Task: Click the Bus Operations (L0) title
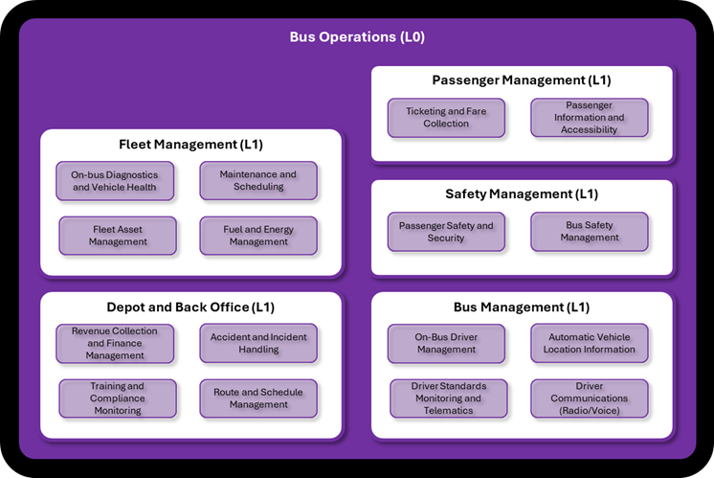tap(357, 37)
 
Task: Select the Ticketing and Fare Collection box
tap(446, 118)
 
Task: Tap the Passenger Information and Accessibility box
tap(591, 118)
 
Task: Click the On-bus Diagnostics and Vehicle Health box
tap(115, 181)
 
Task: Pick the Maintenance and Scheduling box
tap(258, 181)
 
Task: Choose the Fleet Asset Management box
tap(118, 236)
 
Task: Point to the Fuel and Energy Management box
tap(258, 236)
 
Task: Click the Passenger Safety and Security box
tap(446, 232)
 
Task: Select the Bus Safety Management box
tap(590, 232)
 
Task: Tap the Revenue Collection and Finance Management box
tap(115, 343)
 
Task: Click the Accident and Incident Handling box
tap(258, 343)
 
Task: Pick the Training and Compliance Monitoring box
tap(118, 398)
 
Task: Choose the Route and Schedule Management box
tap(258, 398)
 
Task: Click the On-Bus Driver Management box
tap(446, 343)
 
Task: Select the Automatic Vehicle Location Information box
tap(591, 343)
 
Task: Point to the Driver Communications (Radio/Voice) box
tap(590, 398)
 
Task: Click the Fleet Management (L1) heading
tap(190, 145)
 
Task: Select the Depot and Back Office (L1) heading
tap(190, 307)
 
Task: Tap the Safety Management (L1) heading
tap(522, 194)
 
